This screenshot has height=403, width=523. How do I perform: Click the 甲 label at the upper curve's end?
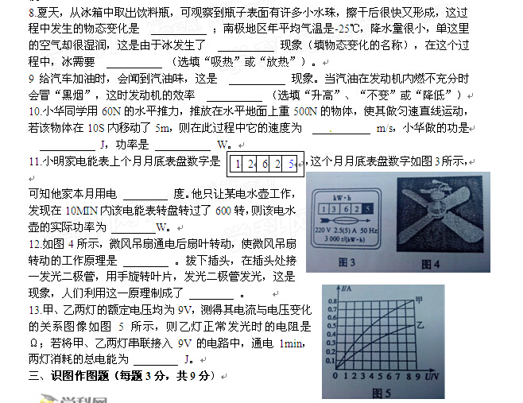(419, 300)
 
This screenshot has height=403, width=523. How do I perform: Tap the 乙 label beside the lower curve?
(420, 324)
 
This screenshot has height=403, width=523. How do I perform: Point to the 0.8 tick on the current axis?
(332, 301)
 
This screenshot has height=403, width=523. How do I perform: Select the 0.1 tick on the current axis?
(330, 360)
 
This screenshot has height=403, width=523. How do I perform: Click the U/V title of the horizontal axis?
(432, 377)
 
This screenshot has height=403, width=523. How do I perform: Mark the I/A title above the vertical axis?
(347, 289)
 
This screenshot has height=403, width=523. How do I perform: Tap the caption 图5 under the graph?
(381, 393)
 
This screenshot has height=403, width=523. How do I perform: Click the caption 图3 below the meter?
(347, 262)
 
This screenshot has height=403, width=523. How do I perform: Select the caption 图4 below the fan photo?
(431, 264)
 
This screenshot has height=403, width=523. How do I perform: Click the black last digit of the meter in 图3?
(367, 209)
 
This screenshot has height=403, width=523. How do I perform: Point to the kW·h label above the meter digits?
(342, 197)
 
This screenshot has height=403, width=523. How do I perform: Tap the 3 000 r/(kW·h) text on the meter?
(344, 239)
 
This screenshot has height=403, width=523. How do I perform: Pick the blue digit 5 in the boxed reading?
(291, 164)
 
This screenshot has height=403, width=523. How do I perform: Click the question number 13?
(35, 310)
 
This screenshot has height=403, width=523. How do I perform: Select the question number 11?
(35, 161)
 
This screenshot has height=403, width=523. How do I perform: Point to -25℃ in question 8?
(349, 29)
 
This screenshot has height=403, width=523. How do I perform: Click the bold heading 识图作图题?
(79, 376)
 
